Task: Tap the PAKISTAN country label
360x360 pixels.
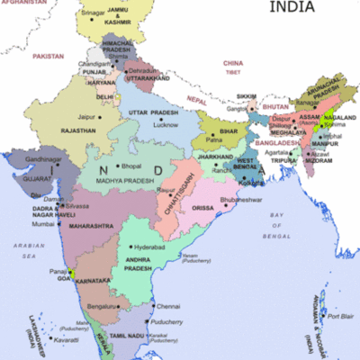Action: (x=49, y=56)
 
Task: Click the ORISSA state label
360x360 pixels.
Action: (x=204, y=208)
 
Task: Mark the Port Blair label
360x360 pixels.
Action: (x=340, y=317)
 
